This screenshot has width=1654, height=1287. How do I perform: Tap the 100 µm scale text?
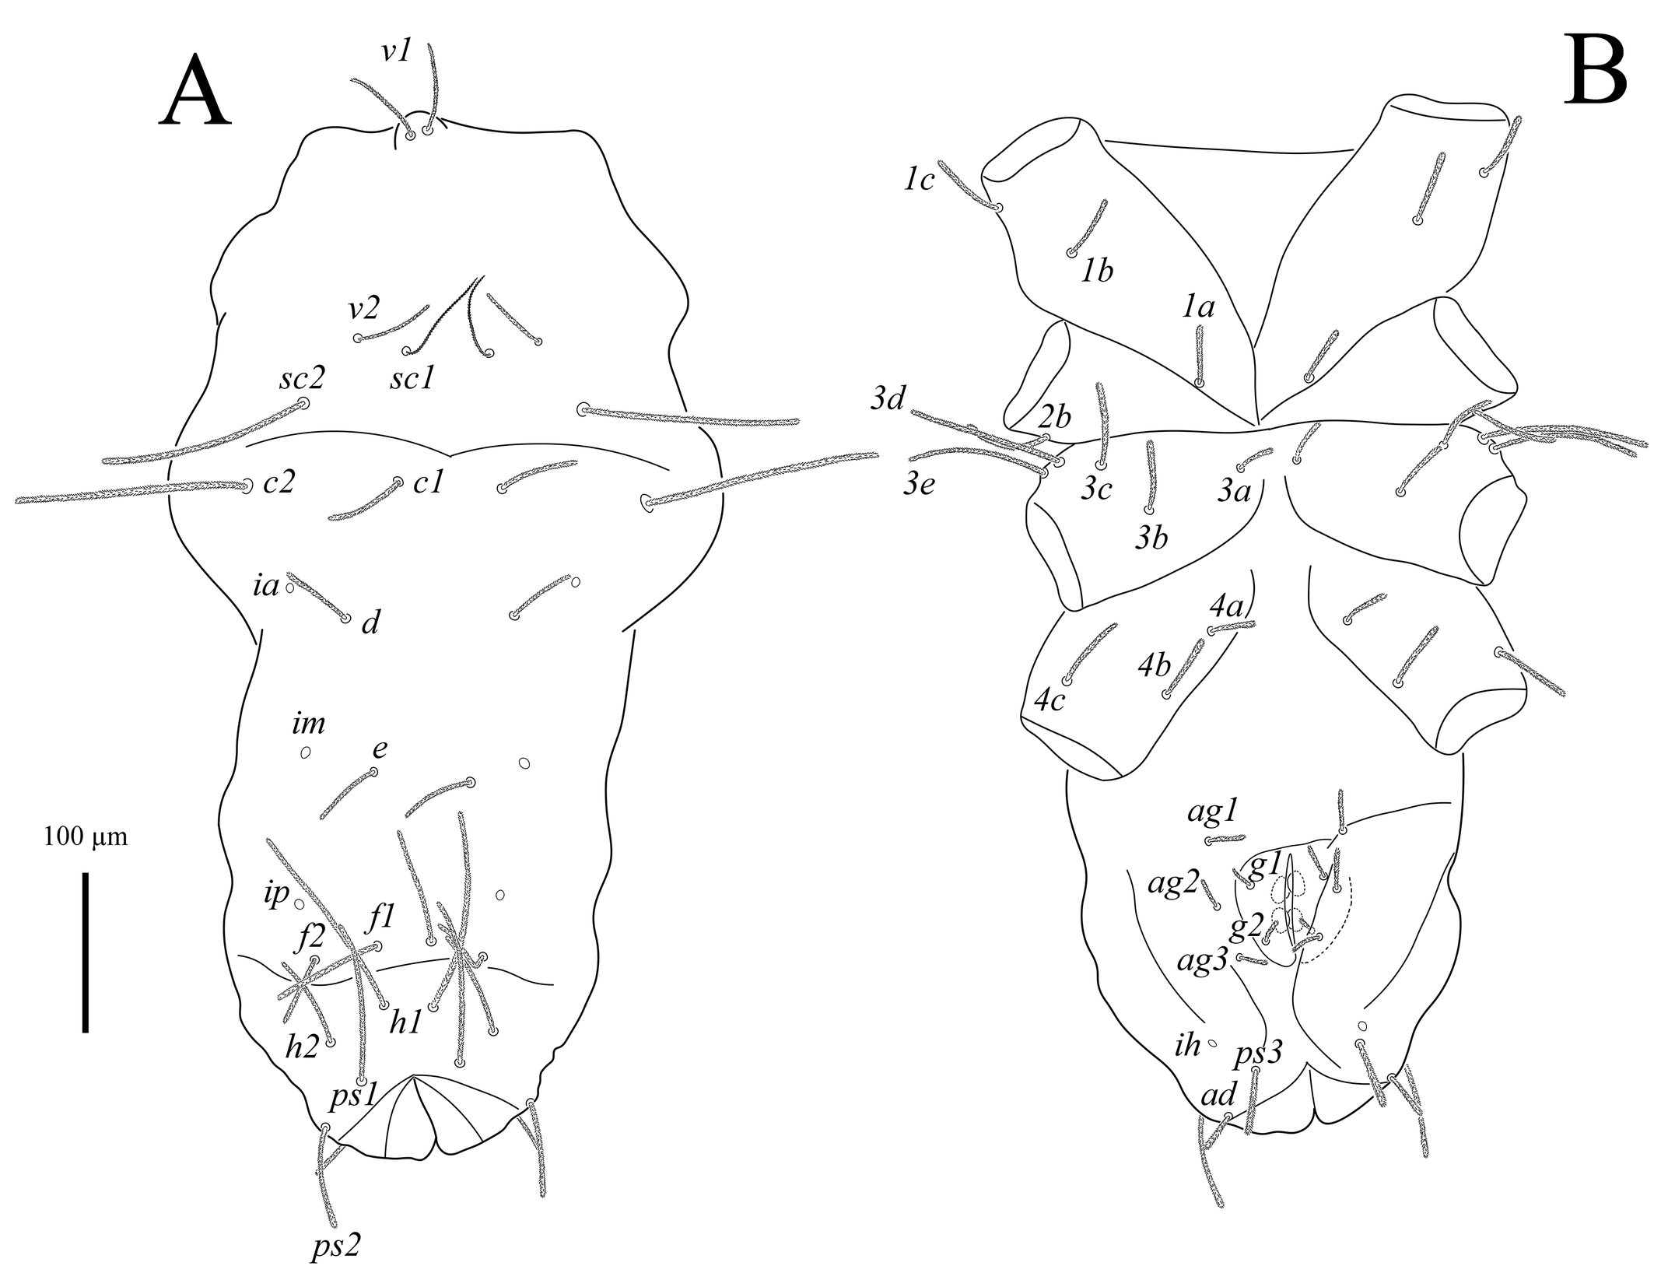(x=86, y=838)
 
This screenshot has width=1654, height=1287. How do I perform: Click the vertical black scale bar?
(x=85, y=952)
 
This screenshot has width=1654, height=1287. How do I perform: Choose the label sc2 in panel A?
(x=301, y=378)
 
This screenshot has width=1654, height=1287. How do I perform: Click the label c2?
(x=279, y=483)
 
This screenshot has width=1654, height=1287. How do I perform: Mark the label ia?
(x=266, y=585)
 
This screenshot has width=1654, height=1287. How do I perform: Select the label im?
(x=309, y=724)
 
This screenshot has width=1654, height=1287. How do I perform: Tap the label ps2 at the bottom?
(x=335, y=1247)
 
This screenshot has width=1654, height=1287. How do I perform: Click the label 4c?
(x=1050, y=700)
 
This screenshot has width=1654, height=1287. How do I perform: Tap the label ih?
(x=1187, y=1045)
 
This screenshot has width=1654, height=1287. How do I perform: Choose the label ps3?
(x=1259, y=1054)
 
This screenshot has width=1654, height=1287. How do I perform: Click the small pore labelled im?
(x=306, y=752)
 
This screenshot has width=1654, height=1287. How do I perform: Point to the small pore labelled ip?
(x=299, y=903)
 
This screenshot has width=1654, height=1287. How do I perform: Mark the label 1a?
(x=1198, y=309)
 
